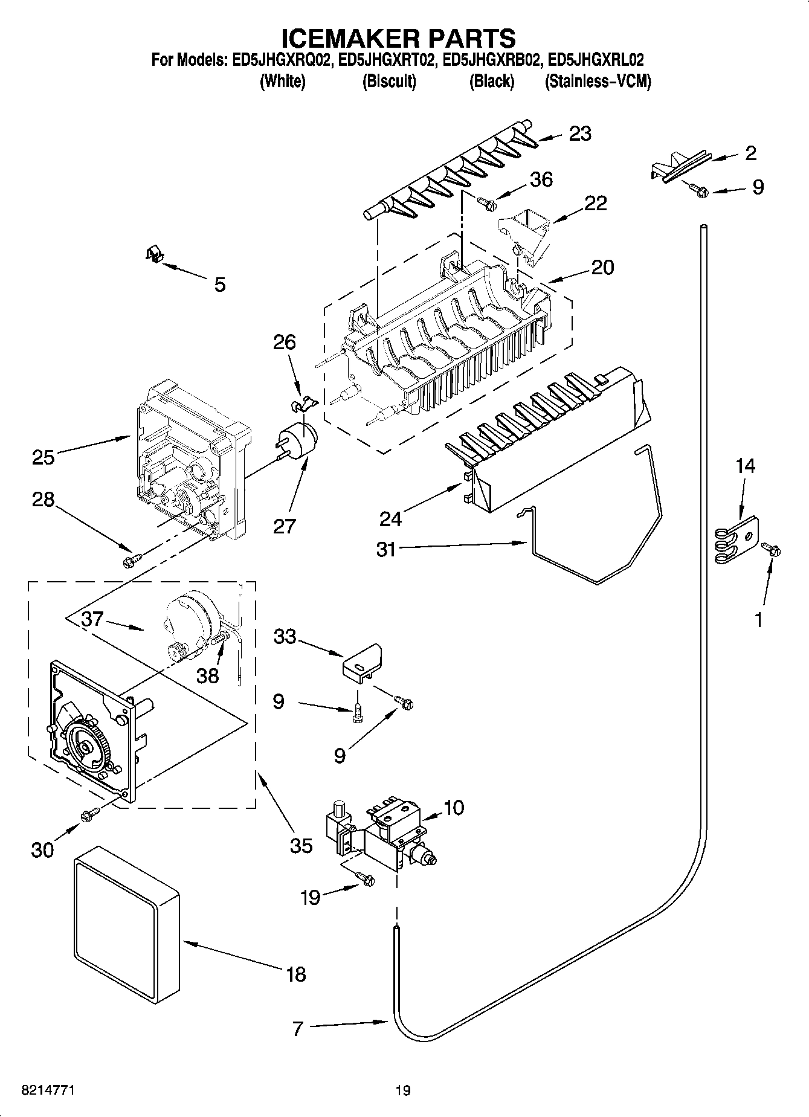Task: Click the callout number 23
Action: tap(580, 134)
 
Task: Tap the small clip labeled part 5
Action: tap(155, 255)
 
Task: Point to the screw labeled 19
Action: tap(366, 880)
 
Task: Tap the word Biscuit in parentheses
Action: tap(389, 82)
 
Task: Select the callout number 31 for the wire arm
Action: tap(385, 549)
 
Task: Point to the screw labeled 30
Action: tap(88, 815)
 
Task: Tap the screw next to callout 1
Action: tap(771, 549)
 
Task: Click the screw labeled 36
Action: tap(486, 204)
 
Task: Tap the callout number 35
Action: tap(301, 845)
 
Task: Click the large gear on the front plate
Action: tap(85, 746)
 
